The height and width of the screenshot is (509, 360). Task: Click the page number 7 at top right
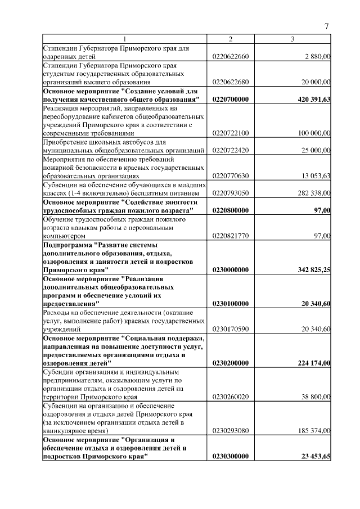pos(327,26)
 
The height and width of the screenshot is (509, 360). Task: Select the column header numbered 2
pos(230,39)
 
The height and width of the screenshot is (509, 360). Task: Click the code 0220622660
pos(231,56)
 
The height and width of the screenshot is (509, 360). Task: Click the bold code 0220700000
pos(231,99)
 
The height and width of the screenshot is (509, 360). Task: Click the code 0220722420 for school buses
pos(231,150)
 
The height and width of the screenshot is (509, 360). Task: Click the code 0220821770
pos(231,236)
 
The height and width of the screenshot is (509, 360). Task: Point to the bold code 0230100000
pos(231,304)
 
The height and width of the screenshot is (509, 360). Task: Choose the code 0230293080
pos(231,431)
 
